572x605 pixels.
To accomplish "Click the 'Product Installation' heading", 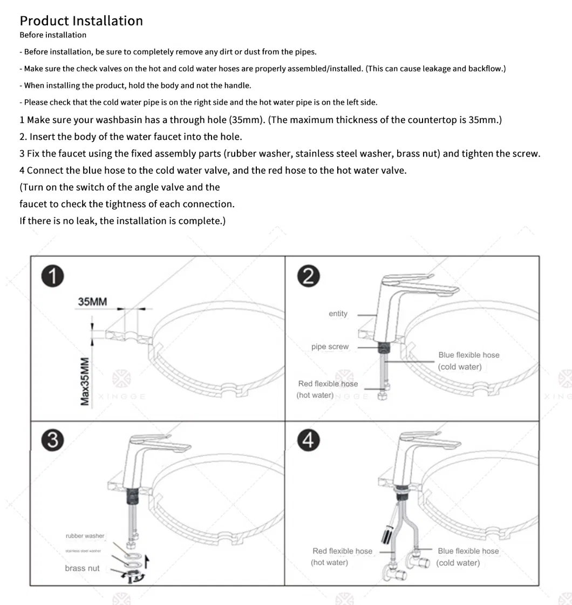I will tap(81, 21).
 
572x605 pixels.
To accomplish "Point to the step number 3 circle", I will tap(53, 440).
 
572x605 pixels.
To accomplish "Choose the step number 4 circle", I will tap(308, 440).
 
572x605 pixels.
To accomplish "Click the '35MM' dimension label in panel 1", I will tap(92, 302).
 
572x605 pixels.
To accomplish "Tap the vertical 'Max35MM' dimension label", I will tap(85, 381).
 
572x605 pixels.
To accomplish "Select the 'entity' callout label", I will tap(338, 314).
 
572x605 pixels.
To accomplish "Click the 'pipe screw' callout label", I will tap(330, 347).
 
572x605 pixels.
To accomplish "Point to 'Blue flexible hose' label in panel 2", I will tap(468, 355).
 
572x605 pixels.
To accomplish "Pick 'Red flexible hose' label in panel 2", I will tap(328, 384).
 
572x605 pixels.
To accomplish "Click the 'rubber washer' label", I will tap(85, 536).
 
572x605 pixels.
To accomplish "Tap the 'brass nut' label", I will tap(82, 568).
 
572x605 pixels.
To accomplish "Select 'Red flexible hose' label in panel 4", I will tap(342, 551).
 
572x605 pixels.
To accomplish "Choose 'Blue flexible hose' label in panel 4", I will tap(468, 551).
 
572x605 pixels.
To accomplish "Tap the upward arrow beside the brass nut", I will tap(146, 562).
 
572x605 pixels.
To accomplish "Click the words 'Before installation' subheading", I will tap(53, 35).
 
